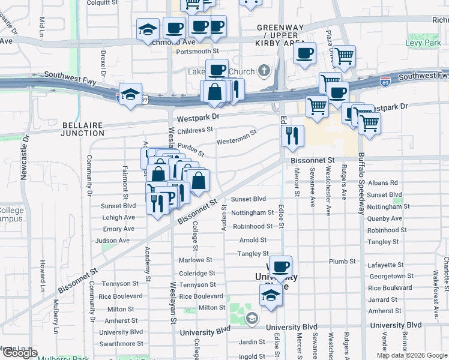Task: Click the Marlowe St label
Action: point(196,260)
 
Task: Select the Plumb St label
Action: point(343,262)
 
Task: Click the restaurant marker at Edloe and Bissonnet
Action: point(292,136)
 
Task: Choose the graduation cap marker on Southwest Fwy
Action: point(130,94)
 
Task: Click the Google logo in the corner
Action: point(19,353)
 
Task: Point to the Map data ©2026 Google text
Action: point(411,355)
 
